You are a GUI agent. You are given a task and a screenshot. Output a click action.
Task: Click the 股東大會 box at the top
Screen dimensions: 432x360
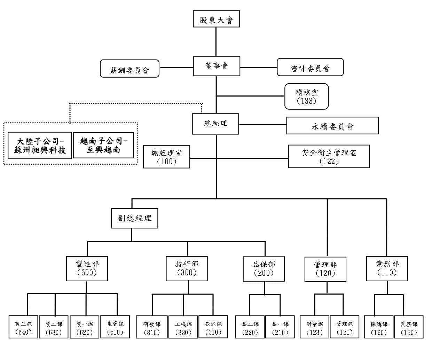coord(216,19)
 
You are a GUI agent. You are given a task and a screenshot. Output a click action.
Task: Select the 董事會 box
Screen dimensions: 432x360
coord(217,66)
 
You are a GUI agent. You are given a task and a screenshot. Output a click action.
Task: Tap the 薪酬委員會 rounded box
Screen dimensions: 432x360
coord(129,69)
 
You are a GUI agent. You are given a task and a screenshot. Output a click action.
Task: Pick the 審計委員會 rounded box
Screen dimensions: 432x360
coord(310,67)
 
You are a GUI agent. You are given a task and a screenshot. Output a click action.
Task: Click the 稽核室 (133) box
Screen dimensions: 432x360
coord(306,96)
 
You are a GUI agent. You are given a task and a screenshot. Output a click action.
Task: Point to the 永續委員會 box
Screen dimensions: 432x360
coord(332,126)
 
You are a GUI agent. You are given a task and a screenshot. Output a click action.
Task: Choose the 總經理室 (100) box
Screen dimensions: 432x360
coord(166,157)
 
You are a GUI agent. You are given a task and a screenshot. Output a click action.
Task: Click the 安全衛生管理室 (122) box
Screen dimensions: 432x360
coord(329,156)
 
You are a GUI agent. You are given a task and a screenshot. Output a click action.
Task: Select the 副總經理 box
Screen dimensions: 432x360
coord(134,218)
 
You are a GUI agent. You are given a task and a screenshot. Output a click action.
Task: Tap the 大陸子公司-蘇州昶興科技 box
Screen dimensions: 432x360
coord(40,146)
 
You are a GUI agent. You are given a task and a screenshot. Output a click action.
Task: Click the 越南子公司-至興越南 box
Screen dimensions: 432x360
coord(103,145)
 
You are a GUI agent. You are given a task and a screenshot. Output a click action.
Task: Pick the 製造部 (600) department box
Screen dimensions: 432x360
coord(87,268)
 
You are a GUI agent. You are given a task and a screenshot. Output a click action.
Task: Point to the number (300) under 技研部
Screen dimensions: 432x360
coord(187,273)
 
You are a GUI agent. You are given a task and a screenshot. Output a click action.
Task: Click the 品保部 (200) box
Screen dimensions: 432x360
coord(264,269)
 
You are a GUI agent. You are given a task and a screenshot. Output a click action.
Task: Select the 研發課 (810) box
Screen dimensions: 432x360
coord(152,327)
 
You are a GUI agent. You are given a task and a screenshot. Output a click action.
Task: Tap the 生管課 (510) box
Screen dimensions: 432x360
coord(115,327)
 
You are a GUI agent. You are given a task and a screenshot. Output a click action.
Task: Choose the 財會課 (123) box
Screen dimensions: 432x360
coord(314,327)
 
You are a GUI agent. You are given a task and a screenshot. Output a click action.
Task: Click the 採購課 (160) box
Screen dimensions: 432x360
coord(379,327)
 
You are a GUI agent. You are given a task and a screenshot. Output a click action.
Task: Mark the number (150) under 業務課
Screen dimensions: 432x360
coord(409,332)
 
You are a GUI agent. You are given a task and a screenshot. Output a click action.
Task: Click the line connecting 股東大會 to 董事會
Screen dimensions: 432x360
coord(216,41)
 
